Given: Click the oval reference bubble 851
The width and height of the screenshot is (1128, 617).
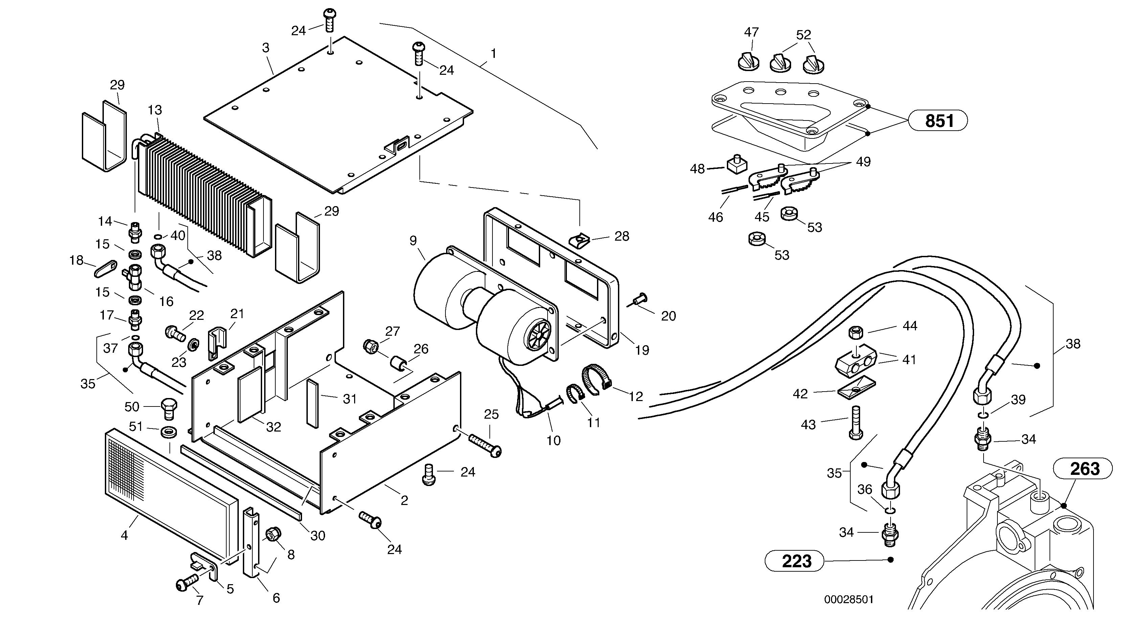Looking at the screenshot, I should pyautogui.click(x=938, y=120).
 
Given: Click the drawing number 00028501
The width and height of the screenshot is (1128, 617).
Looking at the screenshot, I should pyautogui.click(x=849, y=599).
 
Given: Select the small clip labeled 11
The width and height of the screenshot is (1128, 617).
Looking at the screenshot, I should pyautogui.click(x=575, y=391).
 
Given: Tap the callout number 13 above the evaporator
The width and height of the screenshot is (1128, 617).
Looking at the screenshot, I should pyautogui.click(x=155, y=110).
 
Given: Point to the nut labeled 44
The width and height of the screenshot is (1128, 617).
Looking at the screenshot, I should pyautogui.click(x=856, y=333).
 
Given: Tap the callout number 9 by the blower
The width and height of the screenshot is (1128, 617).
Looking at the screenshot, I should pyautogui.click(x=413, y=241).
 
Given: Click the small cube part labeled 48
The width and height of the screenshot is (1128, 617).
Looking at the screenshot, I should pyautogui.click(x=737, y=165).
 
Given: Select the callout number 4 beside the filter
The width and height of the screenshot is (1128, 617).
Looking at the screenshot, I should pyautogui.click(x=124, y=535).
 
